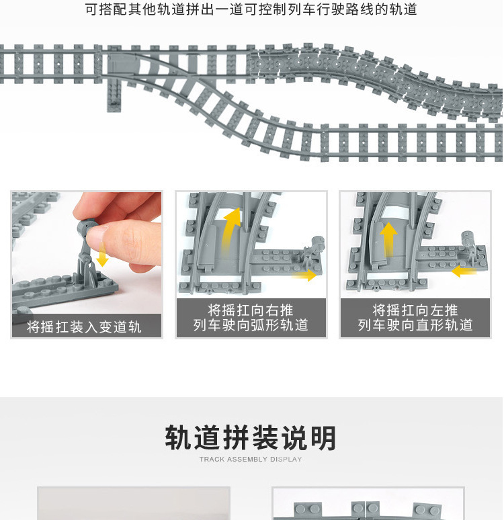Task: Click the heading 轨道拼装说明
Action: coord(251,438)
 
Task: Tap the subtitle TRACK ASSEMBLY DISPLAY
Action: coord(251,460)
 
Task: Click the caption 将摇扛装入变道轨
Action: coord(84,327)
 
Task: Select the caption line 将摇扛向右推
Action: coord(251,310)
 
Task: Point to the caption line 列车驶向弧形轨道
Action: coord(251,325)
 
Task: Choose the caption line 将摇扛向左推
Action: coord(415,310)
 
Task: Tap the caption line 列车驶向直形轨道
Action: coord(415,325)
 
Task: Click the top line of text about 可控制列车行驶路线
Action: coord(251,9)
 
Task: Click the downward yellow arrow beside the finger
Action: coord(103,255)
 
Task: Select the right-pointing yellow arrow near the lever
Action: coord(304,275)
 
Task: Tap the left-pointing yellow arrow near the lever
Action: coord(464,271)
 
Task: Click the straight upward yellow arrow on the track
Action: coord(388,239)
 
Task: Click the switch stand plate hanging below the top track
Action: coord(114,96)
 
